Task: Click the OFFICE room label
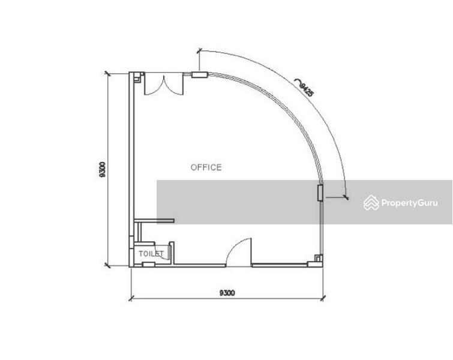[x=206, y=167]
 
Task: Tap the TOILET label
[x=151, y=254]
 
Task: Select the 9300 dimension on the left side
[x=102, y=169]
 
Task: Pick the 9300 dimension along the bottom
[x=227, y=293]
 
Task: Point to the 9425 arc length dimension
[x=307, y=89]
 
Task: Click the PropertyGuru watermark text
[x=409, y=203]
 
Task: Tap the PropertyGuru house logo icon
[x=371, y=203]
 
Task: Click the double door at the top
[x=164, y=84]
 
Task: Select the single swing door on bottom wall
[x=239, y=251]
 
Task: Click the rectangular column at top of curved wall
[x=200, y=75]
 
